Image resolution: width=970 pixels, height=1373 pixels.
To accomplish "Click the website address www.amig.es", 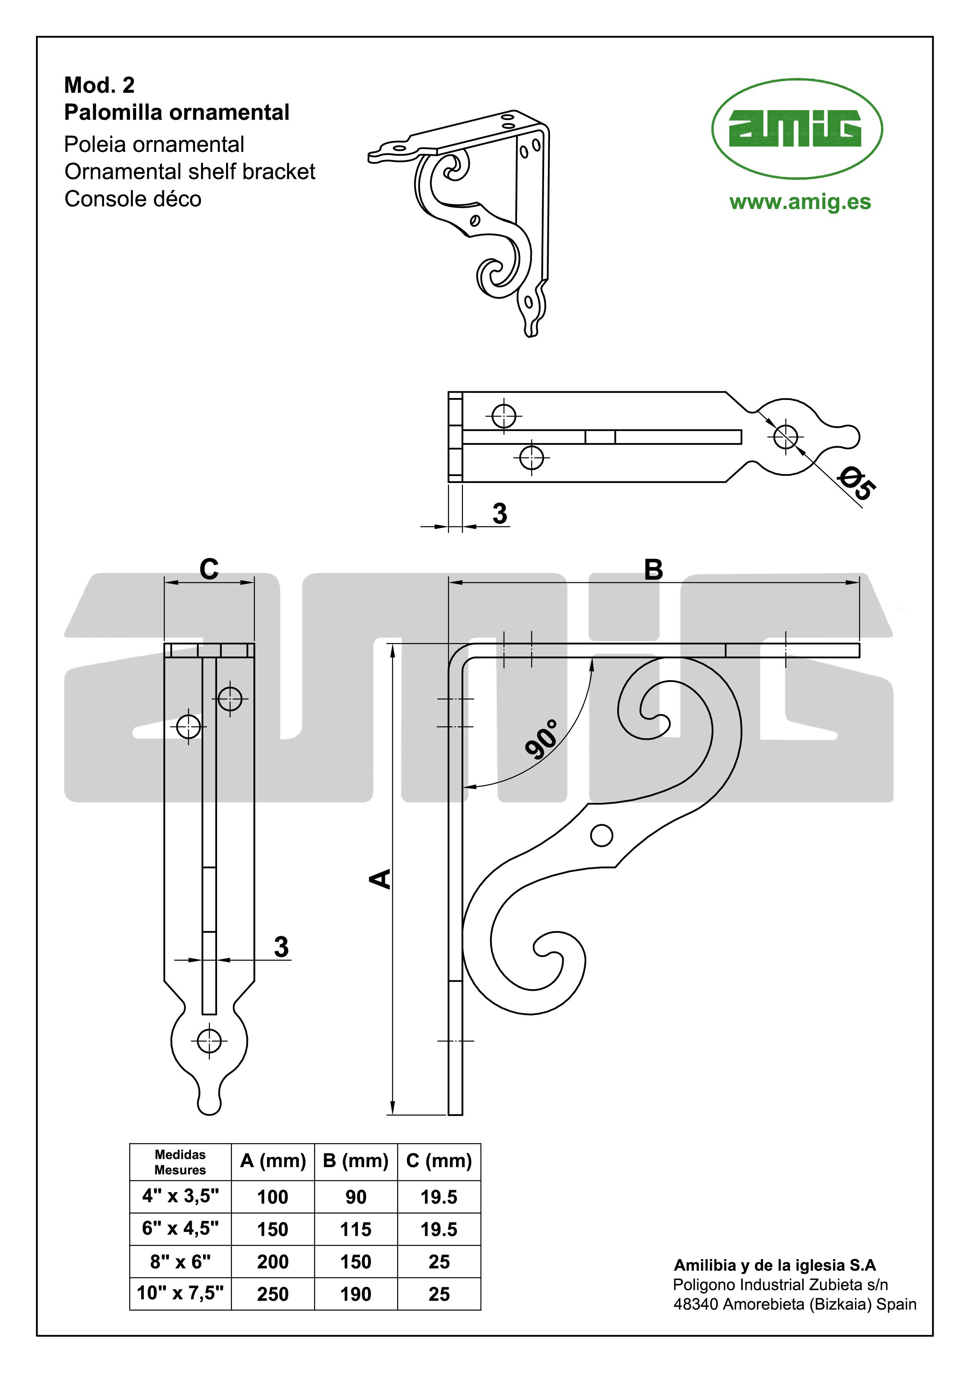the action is [800, 202].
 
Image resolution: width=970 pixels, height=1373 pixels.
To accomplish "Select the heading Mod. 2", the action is [99, 85].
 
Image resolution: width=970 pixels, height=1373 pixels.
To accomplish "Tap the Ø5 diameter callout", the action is [857, 485].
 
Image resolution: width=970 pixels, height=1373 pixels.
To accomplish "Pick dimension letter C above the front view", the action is [209, 569].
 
